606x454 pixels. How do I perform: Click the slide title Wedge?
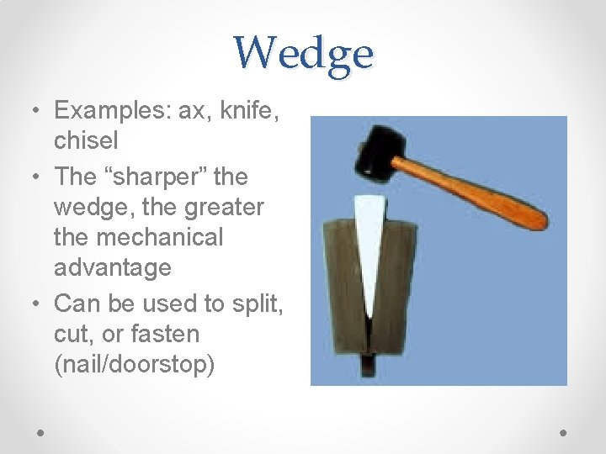click(303, 54)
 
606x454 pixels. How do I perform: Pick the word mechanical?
click(161, 237)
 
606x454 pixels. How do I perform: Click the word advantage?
click(113, 268)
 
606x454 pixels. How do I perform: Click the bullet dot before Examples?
click(37, 111)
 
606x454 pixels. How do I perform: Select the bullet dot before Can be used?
click(37, 304)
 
